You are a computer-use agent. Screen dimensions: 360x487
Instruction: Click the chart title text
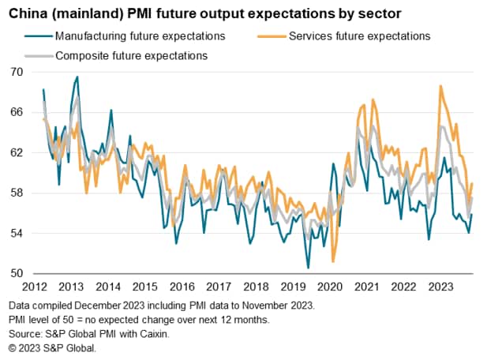210,13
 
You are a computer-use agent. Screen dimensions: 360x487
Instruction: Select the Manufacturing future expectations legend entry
138,36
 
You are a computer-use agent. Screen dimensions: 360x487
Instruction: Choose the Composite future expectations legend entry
130,55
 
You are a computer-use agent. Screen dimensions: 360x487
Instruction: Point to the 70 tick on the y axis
17,71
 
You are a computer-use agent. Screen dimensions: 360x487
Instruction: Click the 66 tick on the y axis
17,112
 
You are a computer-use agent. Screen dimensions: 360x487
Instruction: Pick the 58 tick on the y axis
17,193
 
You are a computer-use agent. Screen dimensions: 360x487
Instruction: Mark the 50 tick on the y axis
17,274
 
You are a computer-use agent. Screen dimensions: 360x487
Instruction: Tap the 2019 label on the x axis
289,287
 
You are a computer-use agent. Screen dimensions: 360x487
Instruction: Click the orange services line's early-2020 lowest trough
333,261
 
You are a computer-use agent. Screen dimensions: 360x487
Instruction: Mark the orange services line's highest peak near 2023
440,85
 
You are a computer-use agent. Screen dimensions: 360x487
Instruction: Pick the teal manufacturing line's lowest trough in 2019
308,268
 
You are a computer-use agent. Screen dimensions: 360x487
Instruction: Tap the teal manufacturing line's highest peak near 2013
77,77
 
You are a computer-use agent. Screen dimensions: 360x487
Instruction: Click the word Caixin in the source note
153,334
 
